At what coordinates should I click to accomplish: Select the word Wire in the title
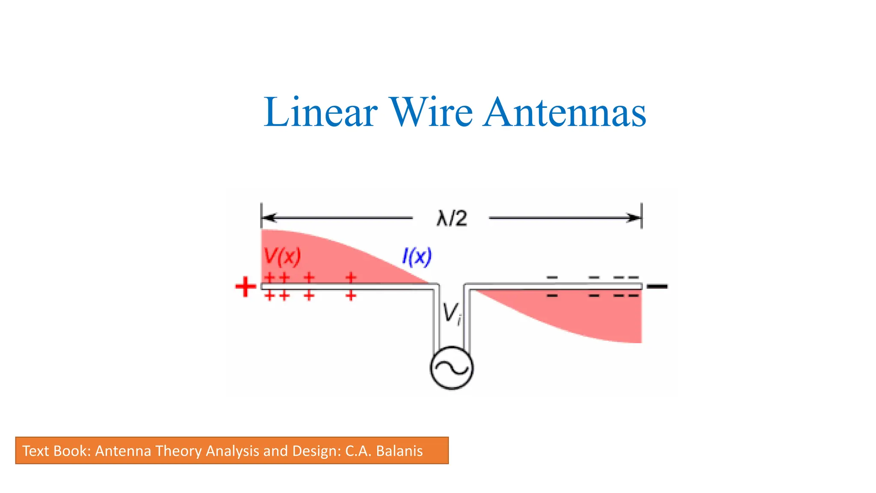(430, 112)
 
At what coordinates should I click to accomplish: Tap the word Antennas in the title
(565, 112)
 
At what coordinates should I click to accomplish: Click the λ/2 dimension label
(452, 219)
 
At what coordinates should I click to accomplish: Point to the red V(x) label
(282, 256)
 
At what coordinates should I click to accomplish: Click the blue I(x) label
(417, 257)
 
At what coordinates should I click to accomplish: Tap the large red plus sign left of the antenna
(246, 287)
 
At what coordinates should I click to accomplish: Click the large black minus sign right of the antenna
(657, 286)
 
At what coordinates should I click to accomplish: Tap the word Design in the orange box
(314, 451)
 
